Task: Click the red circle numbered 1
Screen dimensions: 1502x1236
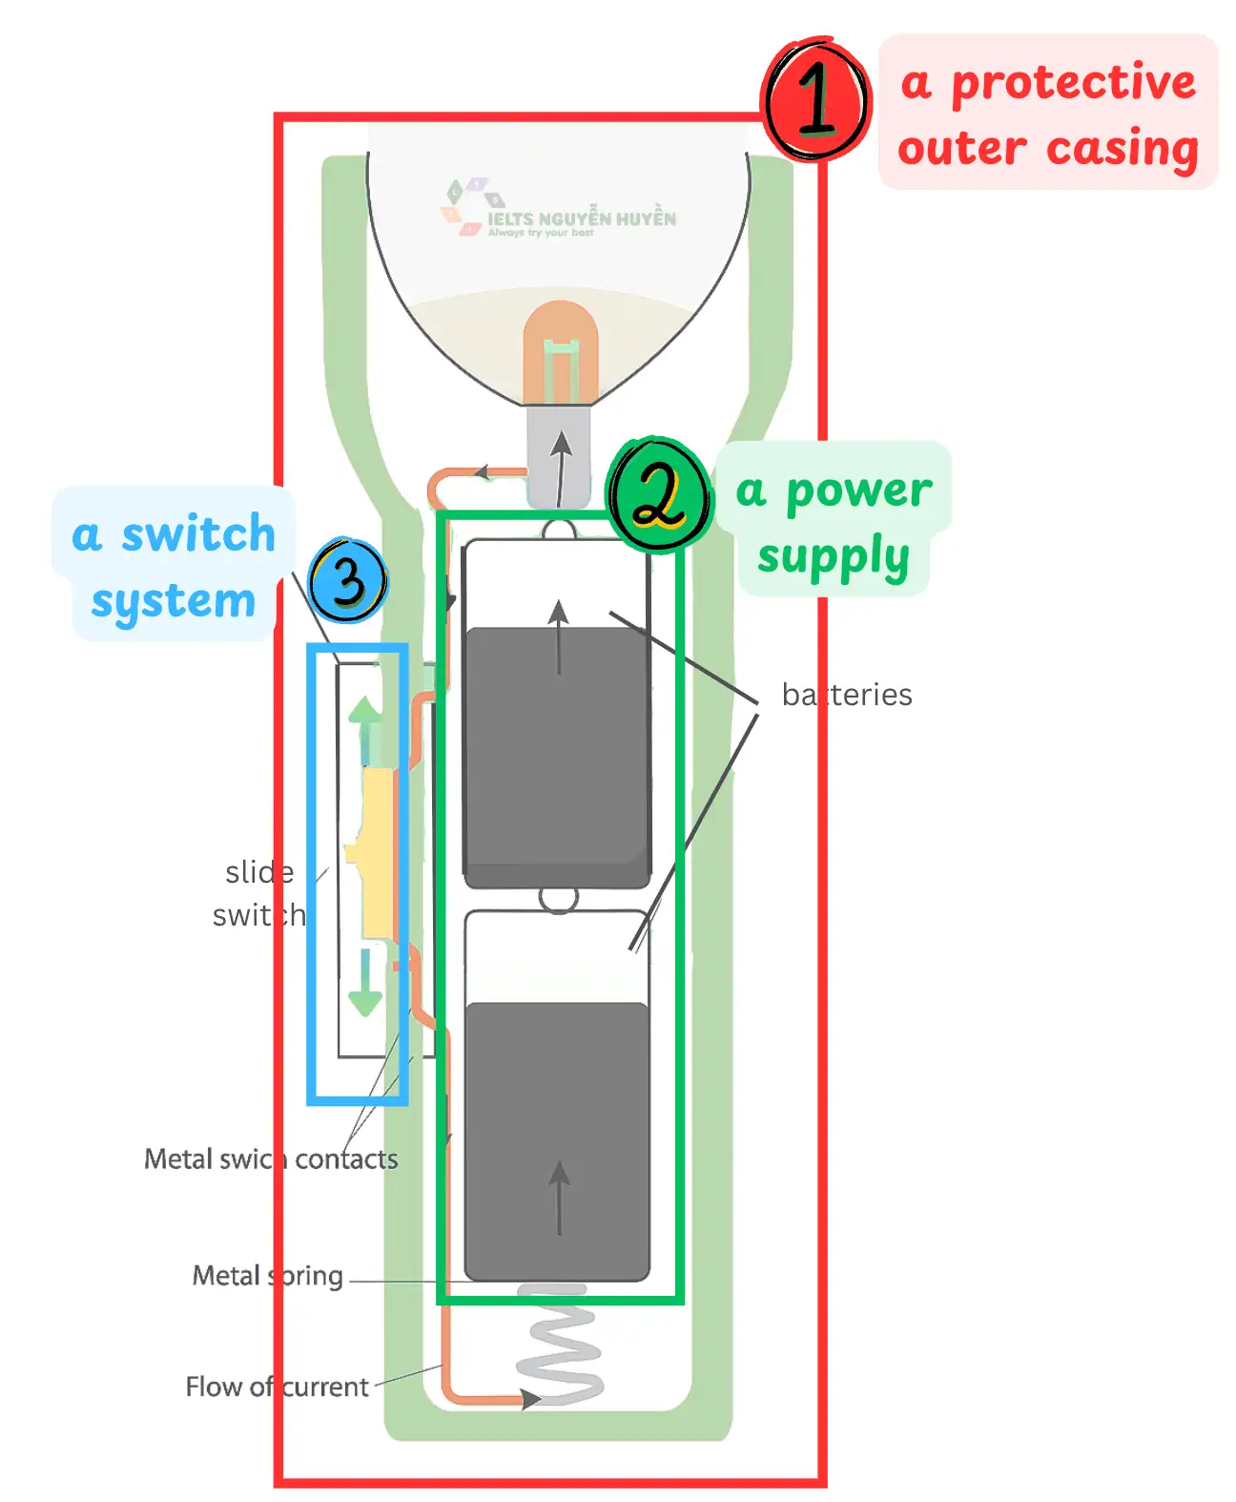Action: pos(816,100)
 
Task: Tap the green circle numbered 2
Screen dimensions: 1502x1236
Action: pos(659,493)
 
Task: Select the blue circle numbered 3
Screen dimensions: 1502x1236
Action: pos(348,580)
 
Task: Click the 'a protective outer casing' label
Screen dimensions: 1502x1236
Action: pos(1047,113)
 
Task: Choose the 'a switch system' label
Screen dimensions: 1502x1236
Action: pos(174,564)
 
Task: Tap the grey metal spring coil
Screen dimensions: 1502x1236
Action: pos(560,1346)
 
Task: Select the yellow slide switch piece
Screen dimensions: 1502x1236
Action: pos(377,854)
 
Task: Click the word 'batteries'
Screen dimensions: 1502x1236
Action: pos(846,695)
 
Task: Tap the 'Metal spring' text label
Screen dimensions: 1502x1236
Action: pos(267,1276)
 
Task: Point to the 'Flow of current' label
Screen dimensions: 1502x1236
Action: pos(277,1387)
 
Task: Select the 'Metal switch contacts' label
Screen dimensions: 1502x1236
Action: pos(271,1159)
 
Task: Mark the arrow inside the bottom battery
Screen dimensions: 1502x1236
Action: pos(559,1198)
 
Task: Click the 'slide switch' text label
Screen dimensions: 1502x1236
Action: pos(258,893)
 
